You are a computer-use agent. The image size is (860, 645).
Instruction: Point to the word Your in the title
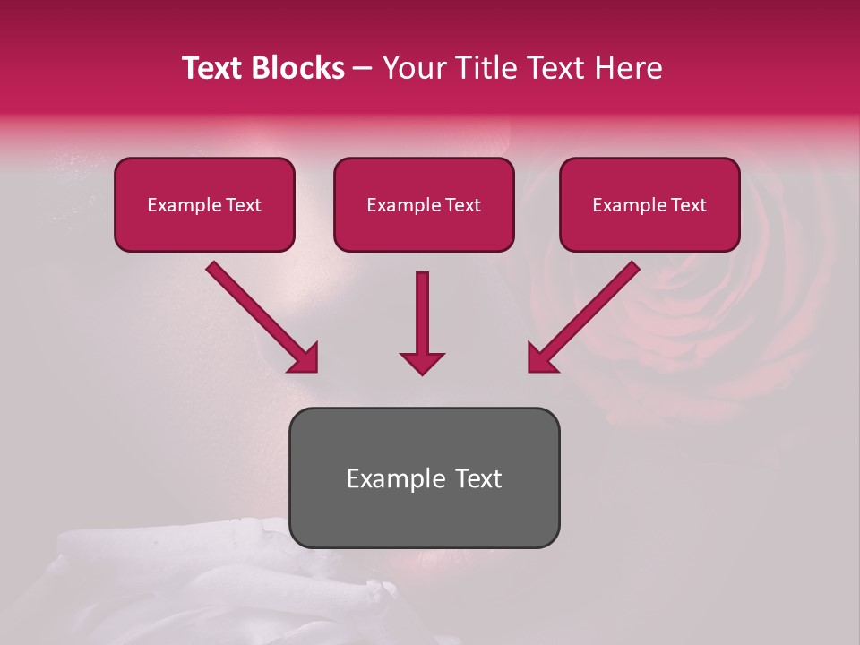point(412,68)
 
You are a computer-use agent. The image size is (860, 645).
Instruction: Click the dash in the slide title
point(364,68)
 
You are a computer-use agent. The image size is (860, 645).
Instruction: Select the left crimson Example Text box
point(204,205)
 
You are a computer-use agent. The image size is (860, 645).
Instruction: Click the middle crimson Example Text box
point(424,205)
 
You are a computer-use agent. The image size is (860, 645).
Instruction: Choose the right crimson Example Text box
point(649,205)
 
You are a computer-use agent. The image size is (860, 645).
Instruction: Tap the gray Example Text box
point(424,477)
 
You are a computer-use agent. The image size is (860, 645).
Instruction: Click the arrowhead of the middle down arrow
point(422,362)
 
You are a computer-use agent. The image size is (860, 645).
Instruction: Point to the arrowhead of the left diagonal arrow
point(305,358)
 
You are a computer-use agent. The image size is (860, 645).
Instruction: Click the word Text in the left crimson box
point(243,205)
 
